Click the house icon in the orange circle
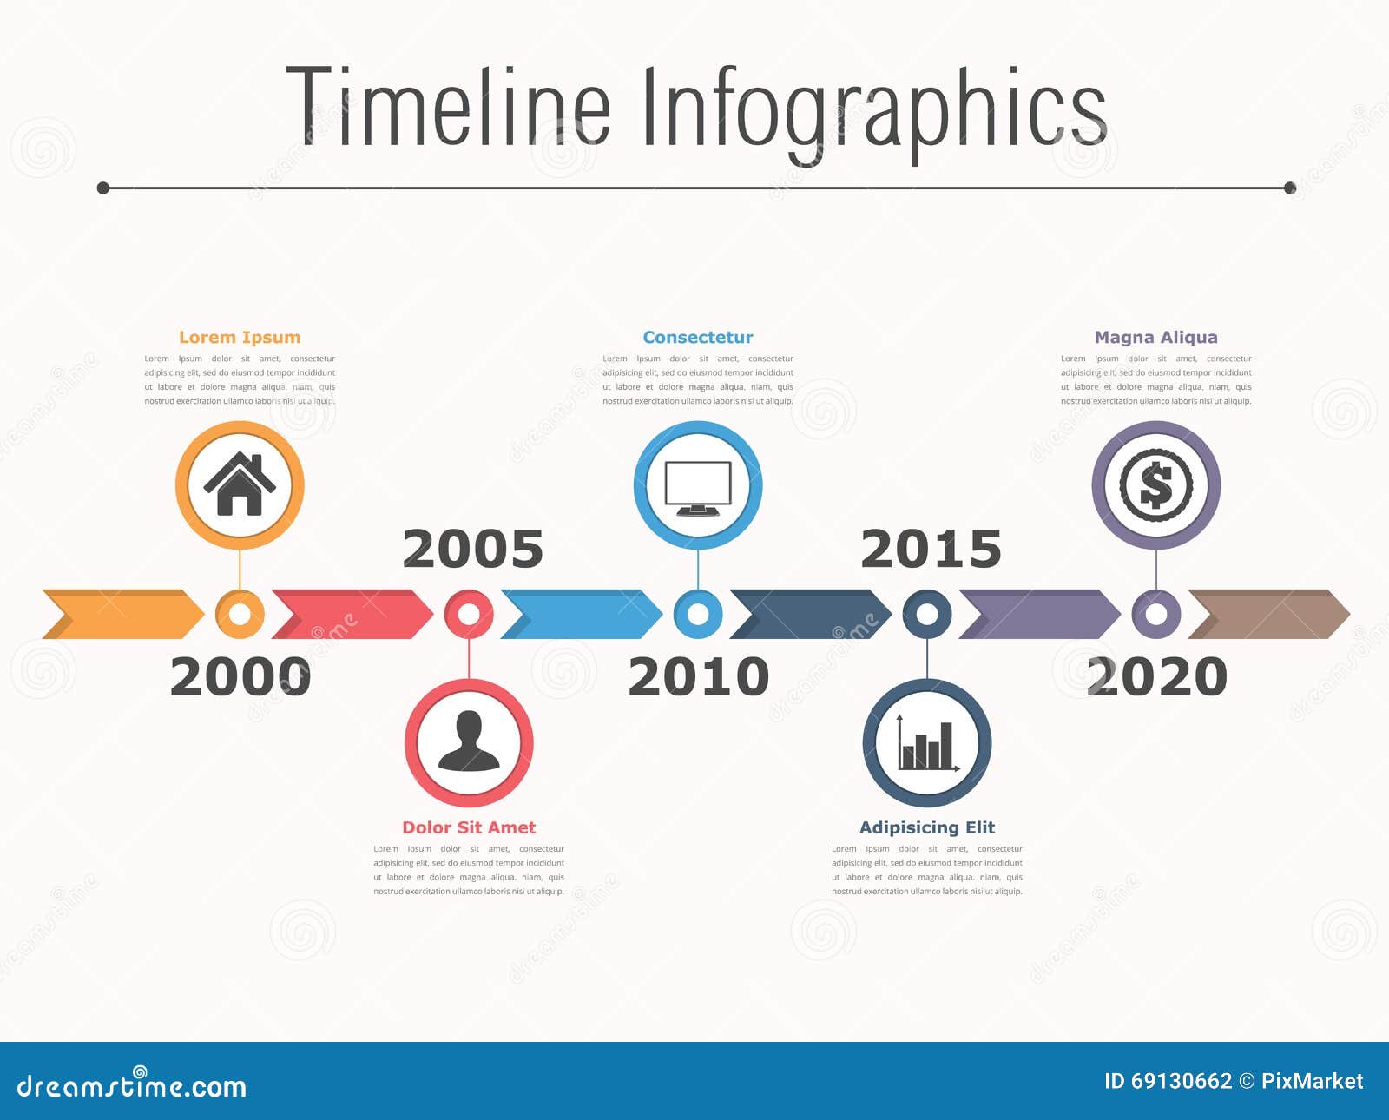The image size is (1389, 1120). [x=240, y=484]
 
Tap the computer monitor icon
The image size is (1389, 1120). [x=698, y=487]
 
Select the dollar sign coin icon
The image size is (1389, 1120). [x=1156, y=484]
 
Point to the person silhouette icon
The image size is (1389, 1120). [x=469, y=742]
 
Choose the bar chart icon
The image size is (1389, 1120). [x=927, y=744]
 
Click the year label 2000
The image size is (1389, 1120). [x=240, y=677]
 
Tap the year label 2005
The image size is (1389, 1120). [x=473, y=550]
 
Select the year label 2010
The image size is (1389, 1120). [x=699, y=677]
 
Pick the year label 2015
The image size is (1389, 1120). [x=931, y=550]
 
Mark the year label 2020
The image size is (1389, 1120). [x=1157, y=677]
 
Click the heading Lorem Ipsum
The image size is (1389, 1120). [x=240, y=337]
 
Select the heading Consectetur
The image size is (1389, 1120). [x=698, y=337]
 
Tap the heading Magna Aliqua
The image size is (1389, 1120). [x=1156, y=337]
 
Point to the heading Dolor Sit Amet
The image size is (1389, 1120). [x=469, y=827]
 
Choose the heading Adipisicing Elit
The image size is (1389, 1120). [x=927, y=827]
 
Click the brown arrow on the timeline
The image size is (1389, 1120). [x=1269, y=614]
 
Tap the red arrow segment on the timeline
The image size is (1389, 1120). [x=352, y=614]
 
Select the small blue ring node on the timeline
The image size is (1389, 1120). [x=698, y=614]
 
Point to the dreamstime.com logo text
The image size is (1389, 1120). [x=132, y=1085]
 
